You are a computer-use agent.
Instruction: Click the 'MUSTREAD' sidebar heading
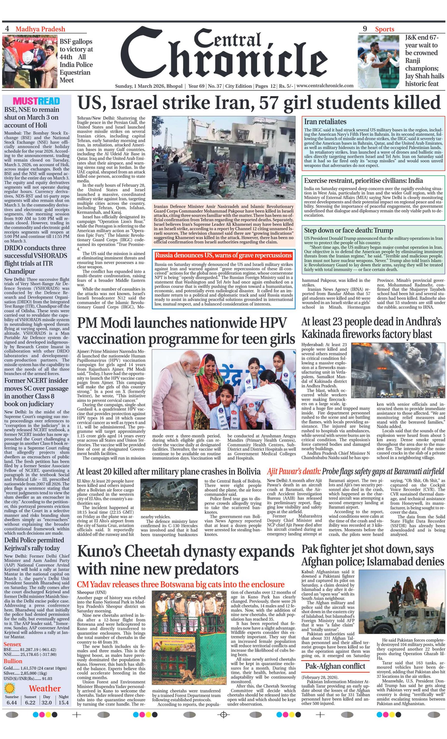click(x=36, y=101)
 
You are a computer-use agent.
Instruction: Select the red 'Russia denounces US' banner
click(x=223, y=255)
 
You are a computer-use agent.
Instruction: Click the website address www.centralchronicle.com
click(x=325, y=86)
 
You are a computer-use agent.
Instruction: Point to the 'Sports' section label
click(x=384, y=29)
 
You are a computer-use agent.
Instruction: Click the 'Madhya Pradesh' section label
click(x=40, y=29)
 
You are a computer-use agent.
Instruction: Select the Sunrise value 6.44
click(x=12, y=702)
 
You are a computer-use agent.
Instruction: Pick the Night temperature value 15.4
click(x=63, y=702)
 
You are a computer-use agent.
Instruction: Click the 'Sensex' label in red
click(x=12, y=644)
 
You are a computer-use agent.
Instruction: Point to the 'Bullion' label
click(x=13, y=661)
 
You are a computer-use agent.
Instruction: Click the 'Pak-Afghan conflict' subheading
click(x=335, y=666)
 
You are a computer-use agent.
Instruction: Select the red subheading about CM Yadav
click(x=180, y=584)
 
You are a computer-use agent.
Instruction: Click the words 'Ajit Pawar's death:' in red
click(x=294, y=471)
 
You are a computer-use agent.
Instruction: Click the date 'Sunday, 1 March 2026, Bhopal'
click(x=149, y=86)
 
